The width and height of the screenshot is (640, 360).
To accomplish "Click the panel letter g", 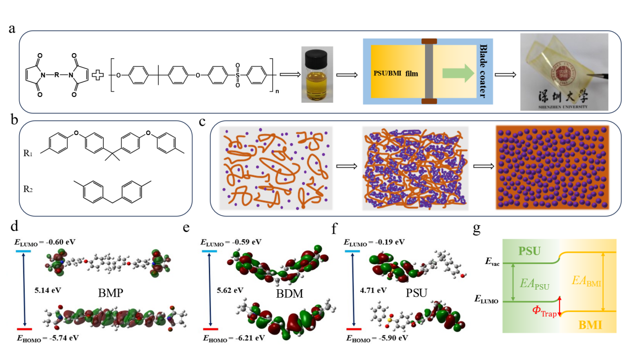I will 477,229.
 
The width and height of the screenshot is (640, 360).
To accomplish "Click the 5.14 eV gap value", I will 45,291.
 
